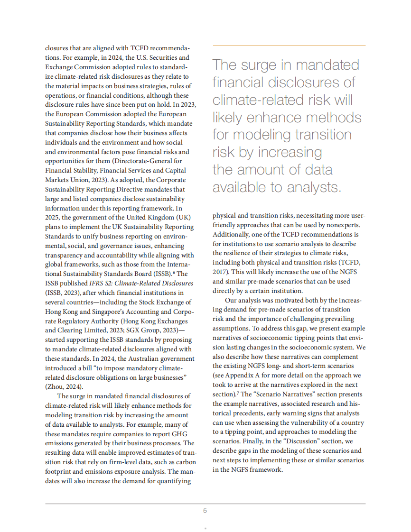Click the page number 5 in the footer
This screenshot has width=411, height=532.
point(205,511)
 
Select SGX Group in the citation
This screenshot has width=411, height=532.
point(149,330)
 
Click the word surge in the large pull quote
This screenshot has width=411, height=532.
point(255,65)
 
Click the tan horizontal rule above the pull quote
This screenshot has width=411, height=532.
point(289,46)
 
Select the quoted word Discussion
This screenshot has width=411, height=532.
point(296,441)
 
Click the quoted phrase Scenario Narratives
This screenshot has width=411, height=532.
point(268,394)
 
